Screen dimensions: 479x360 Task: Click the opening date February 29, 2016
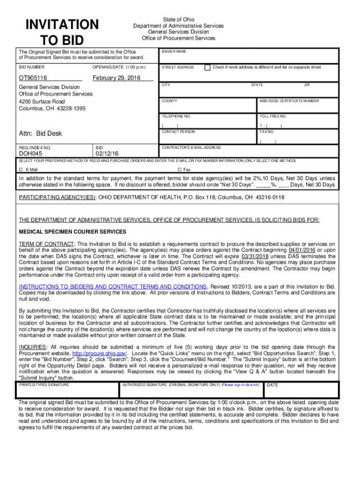pyautogui.click(x=116, y=78)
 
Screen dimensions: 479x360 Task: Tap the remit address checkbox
pyautogui.click(x=208, y=67)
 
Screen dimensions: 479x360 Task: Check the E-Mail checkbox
pyautogui.click(x=21, y=169)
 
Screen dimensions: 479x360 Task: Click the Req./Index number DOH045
pyautogui.click(x=30, y=153)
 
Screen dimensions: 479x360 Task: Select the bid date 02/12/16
pyautogui.click(x=107, y=153)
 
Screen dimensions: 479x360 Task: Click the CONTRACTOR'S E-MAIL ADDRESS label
pyautogui.click(x=191, y=147)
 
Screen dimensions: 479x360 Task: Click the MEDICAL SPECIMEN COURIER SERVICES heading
pyautogui.click(x=72, y=232)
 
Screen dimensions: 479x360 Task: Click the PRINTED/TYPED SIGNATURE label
pyautogui.click(x=44, y=385)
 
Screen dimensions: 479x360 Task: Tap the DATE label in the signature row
pyautogui.click(x=272, y=385)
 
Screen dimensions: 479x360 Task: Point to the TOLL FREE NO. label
pyautogui.click(x=273, y=116)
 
